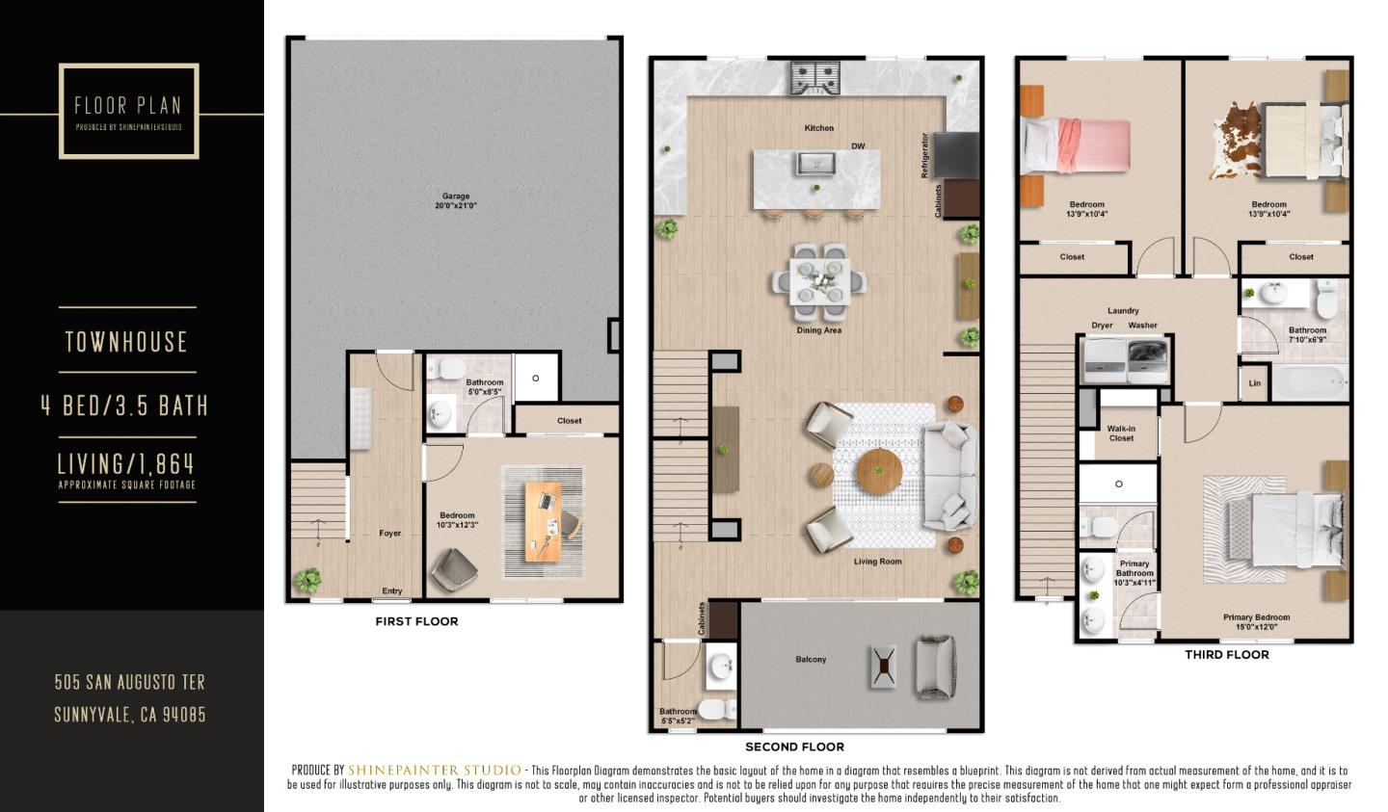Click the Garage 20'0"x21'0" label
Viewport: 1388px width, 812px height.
(x=455, y=201)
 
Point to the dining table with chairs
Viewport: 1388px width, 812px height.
(x=818, y=281)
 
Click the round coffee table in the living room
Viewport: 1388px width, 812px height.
(x=878, y=471)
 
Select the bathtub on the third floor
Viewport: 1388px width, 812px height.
(x=1309, y=383)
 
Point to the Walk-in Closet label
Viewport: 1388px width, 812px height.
(x=1120, y=433)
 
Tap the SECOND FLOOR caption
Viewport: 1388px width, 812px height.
(x=794, y=747)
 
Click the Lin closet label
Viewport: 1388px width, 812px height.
(x=1254, y=383)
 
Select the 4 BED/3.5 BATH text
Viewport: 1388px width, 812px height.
(x=125, y=406)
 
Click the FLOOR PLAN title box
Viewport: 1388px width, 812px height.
(x=128, y=111)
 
